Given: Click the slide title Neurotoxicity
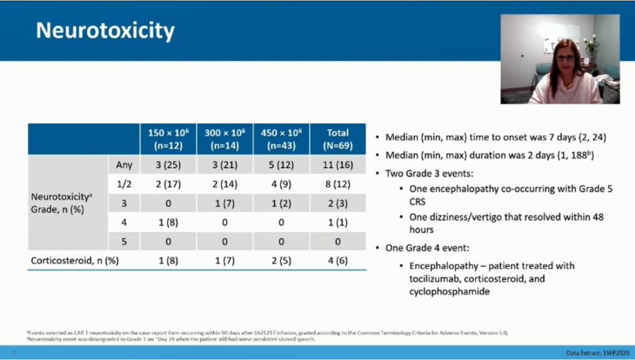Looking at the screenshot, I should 105,31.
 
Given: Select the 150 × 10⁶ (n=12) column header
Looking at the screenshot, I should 168,139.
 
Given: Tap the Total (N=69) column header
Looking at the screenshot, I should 337,139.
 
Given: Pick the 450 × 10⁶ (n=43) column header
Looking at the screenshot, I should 281,139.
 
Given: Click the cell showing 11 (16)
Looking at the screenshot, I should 337,165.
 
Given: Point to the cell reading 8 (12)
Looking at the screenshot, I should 337,184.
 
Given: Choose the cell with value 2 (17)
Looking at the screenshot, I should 168,184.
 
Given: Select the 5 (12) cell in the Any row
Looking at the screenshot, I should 281,165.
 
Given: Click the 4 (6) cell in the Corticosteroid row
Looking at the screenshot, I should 337,261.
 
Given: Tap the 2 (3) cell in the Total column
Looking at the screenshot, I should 337,203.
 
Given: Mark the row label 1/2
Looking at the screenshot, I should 124,184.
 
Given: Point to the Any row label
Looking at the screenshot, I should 124,165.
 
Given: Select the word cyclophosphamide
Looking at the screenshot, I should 449,291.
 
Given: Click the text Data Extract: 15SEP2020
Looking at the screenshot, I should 599,353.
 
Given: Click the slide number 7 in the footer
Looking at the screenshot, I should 14,353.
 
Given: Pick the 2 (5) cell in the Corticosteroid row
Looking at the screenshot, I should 281,261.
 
